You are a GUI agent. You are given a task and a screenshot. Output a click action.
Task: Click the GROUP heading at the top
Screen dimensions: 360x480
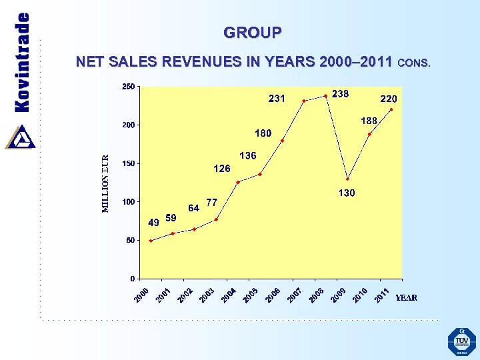(253, 32)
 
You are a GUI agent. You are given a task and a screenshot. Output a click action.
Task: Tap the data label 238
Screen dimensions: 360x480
(341, 94)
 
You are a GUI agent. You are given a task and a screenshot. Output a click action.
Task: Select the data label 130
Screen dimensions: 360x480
(346, 193)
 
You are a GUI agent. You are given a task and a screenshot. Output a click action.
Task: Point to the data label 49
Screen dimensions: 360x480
(153, 222)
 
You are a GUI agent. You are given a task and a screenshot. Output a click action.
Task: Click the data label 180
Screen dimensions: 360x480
(263, 133)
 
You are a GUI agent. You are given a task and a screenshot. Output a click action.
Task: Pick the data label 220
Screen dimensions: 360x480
(389, 98)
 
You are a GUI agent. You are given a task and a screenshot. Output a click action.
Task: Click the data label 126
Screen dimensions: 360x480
(222, 169)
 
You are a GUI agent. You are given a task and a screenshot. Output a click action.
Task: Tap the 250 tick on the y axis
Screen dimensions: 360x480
(127, 87)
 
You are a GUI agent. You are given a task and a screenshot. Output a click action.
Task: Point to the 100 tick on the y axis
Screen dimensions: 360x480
(127, 202)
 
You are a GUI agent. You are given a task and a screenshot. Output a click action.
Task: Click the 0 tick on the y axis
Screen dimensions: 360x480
(132, 279)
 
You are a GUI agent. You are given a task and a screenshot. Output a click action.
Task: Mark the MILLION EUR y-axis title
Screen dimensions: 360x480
(105, 184)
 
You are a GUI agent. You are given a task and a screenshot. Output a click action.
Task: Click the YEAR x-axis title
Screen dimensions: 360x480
(407, 297)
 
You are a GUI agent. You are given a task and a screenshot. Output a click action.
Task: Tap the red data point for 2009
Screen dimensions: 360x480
(347, 179)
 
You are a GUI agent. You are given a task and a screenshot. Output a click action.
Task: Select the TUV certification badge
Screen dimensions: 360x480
(461, 341)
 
